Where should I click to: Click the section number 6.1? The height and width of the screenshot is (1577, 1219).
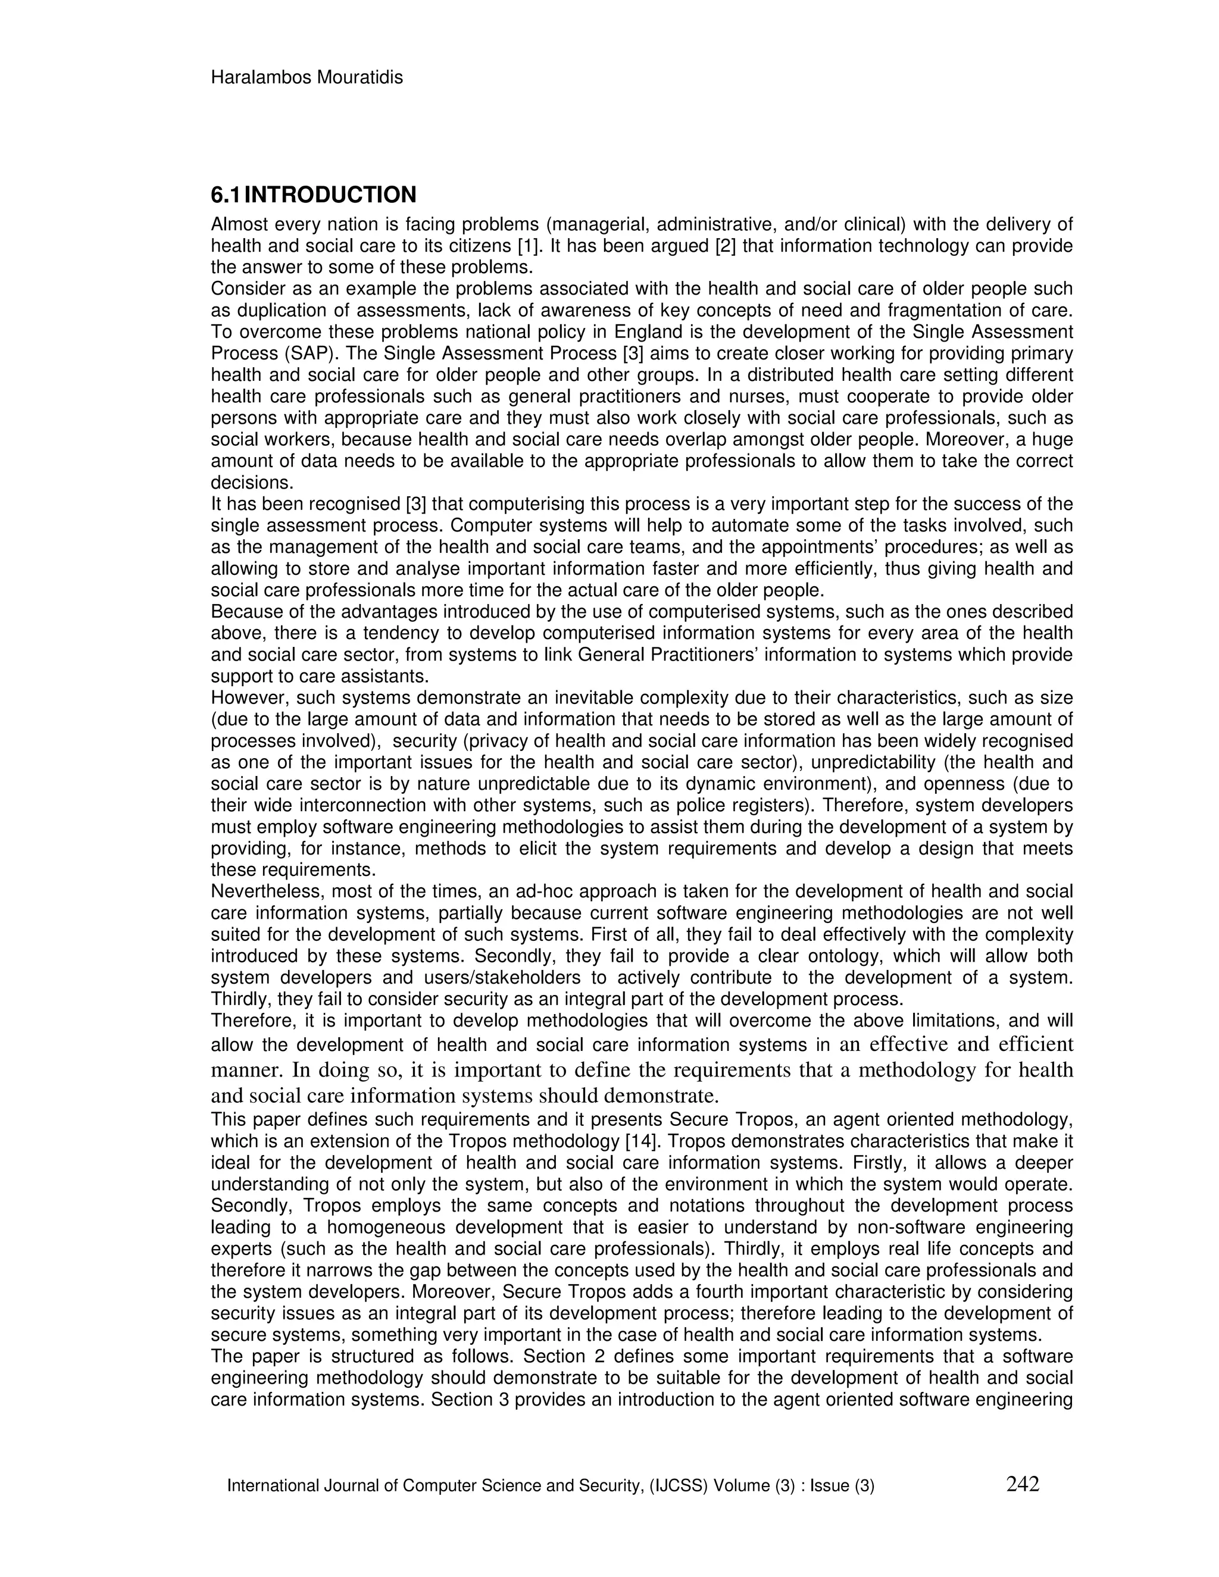pyautogui.click(x=226, y=195)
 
